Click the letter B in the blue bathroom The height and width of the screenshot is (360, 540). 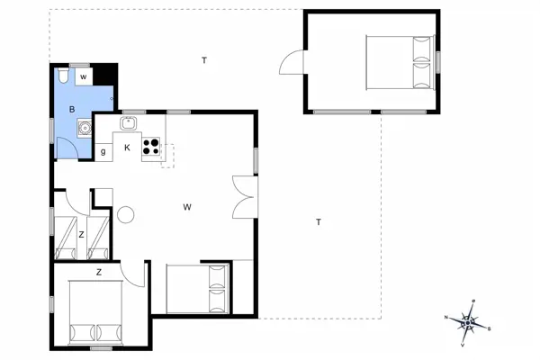click(x=70, y=109)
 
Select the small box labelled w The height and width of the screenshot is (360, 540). click(x=83, y=77)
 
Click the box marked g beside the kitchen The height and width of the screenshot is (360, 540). click(x=103, y=151)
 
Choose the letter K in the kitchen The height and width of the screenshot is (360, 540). click(x=127, y=147)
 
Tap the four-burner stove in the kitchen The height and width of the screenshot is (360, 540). click(x=151, y=147)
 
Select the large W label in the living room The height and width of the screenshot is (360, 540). click(x=187, y=207)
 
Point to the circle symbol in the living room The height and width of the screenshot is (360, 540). click(x=125, y=214)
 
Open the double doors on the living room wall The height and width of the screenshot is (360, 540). click(x=243, y=196)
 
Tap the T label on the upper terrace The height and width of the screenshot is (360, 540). click(x=204, y=60)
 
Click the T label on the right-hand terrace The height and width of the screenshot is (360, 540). click(x=318, y=221)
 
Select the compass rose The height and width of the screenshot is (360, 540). click(x=470, y=319)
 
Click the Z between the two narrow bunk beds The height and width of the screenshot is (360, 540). click(x=81, y=235)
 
